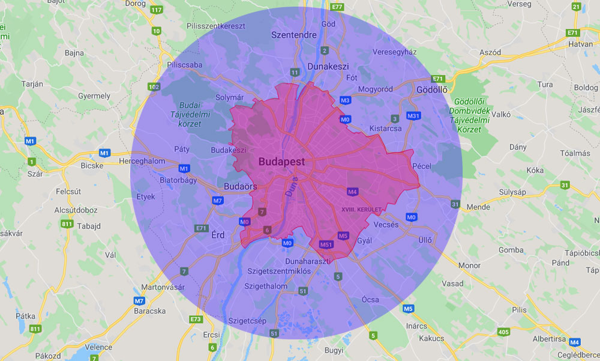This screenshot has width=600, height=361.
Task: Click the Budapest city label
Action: (x=281, y=162)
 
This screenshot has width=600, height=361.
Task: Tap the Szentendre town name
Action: (x=293, y=35)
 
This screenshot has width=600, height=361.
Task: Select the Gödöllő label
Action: (x=432, y=89)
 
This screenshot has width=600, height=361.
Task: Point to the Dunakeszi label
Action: (x=328, y=66)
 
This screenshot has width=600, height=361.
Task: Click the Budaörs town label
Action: (x=240, y=186)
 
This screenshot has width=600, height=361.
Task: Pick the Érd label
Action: (x=218, y=235)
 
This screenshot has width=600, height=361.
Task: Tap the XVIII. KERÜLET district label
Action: (x=361, y=209)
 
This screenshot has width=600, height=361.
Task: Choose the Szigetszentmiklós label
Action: (x=279, y=271)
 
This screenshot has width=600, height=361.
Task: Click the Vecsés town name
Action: (x=386, y=225)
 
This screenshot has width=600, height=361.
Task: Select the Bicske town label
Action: (x=92, y=165)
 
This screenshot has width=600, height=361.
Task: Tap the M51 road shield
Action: (x=326, y=244)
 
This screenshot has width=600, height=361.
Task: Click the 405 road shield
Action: (x=503, y=331)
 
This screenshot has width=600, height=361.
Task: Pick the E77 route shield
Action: (x=337, y=7)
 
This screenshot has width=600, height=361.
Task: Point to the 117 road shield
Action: (x=157, y=10)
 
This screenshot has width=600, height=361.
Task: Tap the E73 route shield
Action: (x=196, y=319)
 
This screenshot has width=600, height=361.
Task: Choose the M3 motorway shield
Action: (x=345, y=100)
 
